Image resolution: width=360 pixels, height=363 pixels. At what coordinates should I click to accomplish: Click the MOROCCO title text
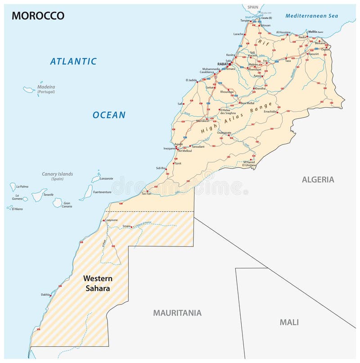tap(38, 16)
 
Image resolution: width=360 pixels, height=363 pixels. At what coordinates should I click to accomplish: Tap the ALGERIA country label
tap(318, 180)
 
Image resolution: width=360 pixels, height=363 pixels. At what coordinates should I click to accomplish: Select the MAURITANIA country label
tap(177, 313)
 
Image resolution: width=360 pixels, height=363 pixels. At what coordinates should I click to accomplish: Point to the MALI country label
tap(289, 322)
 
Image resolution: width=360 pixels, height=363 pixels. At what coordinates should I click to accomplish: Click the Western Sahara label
tap(98, 283)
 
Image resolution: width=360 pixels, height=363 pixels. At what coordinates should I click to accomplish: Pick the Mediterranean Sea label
tap(311, 16)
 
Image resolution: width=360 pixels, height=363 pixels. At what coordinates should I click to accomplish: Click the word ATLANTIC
tap(73, 61)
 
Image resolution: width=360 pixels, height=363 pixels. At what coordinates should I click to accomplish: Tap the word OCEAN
tap(109, 115)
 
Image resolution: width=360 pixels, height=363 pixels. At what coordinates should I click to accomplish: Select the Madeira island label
tap(46, 87)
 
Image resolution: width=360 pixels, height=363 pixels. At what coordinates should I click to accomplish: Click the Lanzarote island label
tap(106, 178)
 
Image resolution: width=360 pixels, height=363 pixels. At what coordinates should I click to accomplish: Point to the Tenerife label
tap(48, 195)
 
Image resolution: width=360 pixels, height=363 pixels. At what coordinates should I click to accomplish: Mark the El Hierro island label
tap(18, 209)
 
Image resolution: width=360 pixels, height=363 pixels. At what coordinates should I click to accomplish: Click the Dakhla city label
tap(45, 295)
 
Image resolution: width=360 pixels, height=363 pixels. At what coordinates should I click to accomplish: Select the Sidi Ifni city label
tap(161, 168)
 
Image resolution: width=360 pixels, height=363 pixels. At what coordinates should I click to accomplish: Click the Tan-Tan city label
tap(146, 194)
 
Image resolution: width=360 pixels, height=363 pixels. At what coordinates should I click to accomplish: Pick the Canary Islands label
tap(57, 174)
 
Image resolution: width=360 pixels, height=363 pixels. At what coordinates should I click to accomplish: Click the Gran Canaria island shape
tap(58, 202)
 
